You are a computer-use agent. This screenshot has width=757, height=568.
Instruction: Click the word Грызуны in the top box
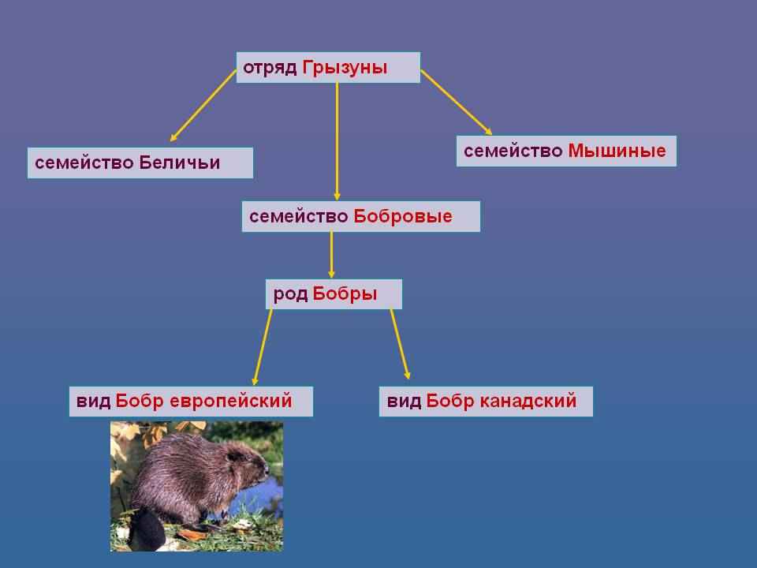pos(345,68)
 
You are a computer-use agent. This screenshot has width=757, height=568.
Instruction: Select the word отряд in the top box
pos(270,68)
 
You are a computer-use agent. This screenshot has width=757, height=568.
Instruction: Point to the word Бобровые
pos(403,216)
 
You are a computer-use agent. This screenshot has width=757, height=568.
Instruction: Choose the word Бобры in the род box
pos(345,294)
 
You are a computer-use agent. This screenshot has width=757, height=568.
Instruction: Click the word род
pos(289,294)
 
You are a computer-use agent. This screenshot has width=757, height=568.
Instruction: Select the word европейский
pos(231,402)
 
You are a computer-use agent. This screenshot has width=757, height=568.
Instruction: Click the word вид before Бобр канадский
pos(403,402)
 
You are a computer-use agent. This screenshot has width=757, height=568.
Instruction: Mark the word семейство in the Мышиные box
pos(513,151)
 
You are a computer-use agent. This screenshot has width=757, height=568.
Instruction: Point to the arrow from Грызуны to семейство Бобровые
pos(337,142)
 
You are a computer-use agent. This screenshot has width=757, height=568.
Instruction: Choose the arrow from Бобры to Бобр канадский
pos(401,345)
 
